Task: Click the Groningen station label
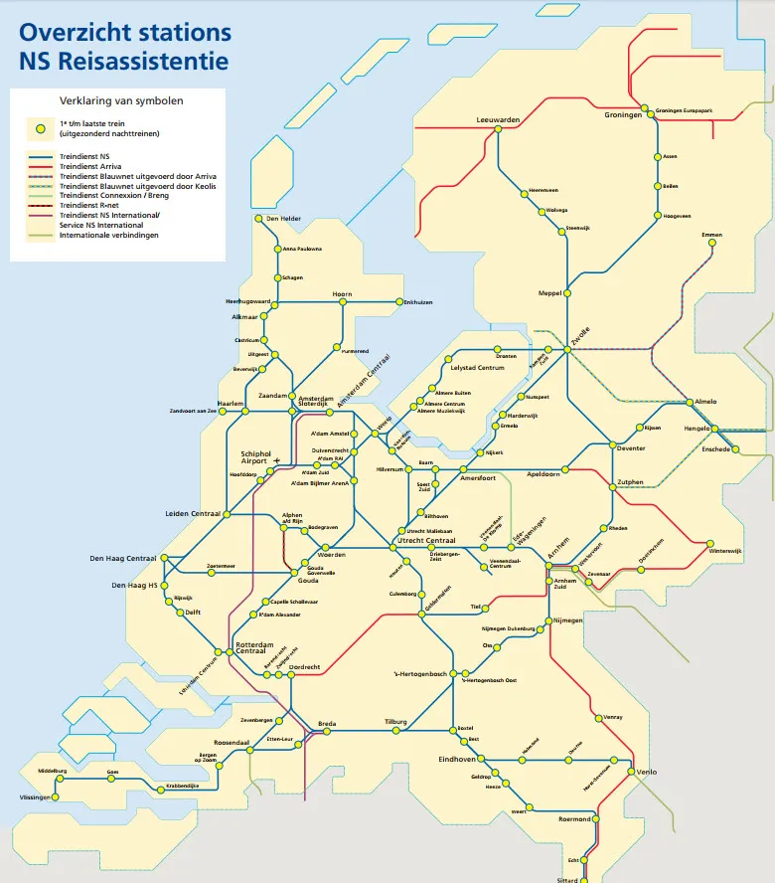coord(623,115)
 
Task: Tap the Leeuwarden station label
coord(498,119)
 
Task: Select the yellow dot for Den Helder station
coord(257,219)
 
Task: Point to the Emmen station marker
coord(711,246)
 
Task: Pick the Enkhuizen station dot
coord(397,302)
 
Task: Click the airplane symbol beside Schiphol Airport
coord(276,460)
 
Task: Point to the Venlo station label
coord(647,771)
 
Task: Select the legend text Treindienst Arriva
coord(96,166)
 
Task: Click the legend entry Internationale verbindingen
coord(108,235)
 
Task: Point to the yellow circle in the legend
coord(39,127)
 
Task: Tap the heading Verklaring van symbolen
coord(121,100)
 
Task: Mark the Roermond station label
coord(574,818)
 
